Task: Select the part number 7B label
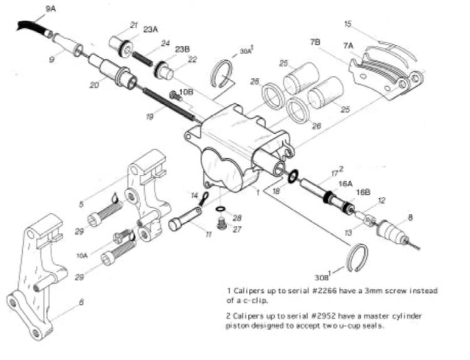pos(315,42)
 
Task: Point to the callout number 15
pos(349,24)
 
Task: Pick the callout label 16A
pos(345,185)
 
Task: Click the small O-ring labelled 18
pos(291,177)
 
